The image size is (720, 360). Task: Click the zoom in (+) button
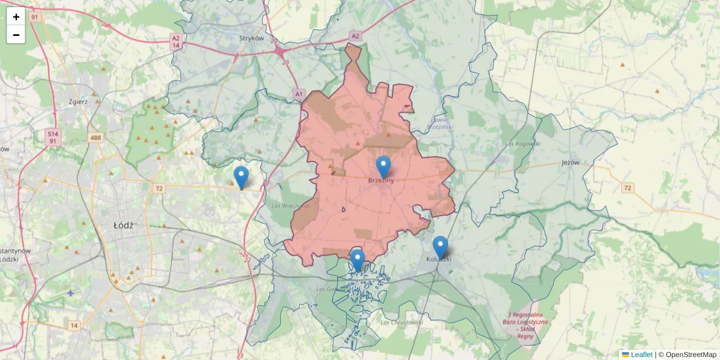pos(16,17)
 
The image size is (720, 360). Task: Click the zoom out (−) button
pos(16,35)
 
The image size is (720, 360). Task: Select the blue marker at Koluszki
pos(440,247)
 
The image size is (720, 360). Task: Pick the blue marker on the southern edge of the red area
pos(358,260)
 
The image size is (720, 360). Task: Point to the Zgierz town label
pos(78,101)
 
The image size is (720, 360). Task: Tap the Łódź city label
pos(123,225)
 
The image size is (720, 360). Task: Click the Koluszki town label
pos(438,259)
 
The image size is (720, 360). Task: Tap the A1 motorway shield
pos(299,94)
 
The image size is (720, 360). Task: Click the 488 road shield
pos(95,138)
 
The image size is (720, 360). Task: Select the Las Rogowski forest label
pos(523,144)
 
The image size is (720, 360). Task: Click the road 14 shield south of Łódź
pos(73,325)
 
